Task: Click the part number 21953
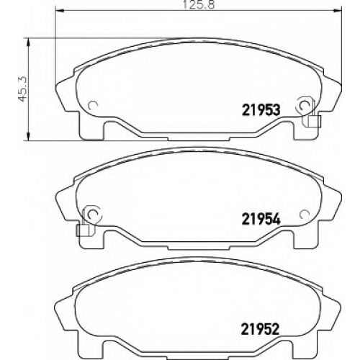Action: (261, 111)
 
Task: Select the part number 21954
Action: (261, 219)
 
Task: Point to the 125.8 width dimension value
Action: (199, 4)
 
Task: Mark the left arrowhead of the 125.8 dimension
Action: (59, 10)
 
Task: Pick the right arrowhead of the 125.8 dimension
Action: (338, 10)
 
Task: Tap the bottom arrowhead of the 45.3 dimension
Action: (28, 137)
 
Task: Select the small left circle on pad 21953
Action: (92, 105)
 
